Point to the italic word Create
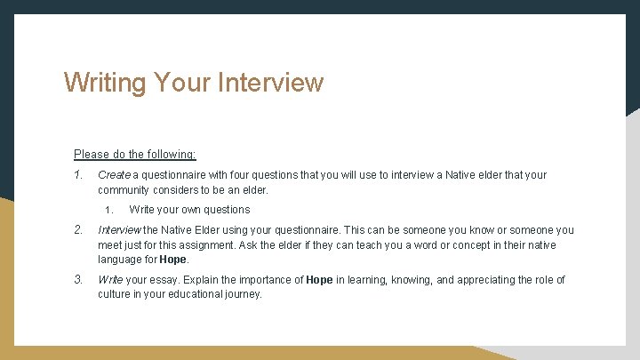pyautogui.click(x=114, y=175)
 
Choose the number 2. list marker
pyautogui.click(x=78, y=230)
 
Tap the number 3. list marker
pyautogui.click(x=78, y=280)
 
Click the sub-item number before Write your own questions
pyautogui.click(x=108, y=211)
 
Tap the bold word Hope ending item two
pyautogui.click(x=173, y=260)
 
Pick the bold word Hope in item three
pyautogui.click(x=319, y=280)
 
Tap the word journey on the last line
pyautogui.click(x=243, y=294)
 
